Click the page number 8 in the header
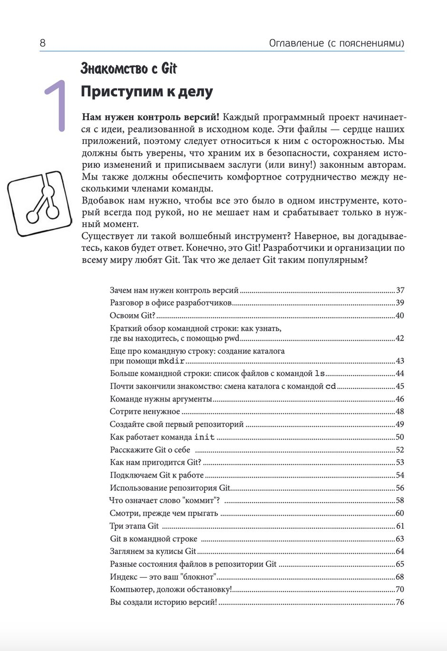(43, 43)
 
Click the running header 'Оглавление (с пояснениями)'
(336, 43)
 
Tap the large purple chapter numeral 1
(56, 105)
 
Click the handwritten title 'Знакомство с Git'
(128, 68)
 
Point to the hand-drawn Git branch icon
(39, 203)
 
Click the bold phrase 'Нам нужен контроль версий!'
(151, 117)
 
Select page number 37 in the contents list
(399, 290)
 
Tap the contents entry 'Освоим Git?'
(133, 316)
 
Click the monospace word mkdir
(171, 361)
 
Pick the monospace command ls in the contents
(320, 373)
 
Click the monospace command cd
(330, 386)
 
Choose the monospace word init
(204, 437)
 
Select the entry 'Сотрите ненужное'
(145, 412)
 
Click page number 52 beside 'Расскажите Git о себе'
(399, 450)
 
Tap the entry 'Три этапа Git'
(135, 526)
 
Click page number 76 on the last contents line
(399, 602)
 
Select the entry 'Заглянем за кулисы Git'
(153, 551)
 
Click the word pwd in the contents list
(232, 338)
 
